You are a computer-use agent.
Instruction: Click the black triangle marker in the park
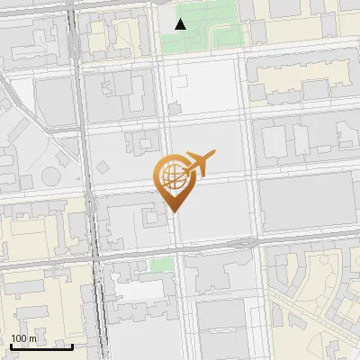181,24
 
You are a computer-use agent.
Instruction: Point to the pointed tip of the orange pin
173,211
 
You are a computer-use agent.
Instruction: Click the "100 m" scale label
24,337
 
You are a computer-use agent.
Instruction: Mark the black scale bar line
41,346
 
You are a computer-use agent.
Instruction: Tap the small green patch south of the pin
161,265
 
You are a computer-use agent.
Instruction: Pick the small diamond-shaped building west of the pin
104,167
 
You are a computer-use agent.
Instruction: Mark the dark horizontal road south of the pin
180,249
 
